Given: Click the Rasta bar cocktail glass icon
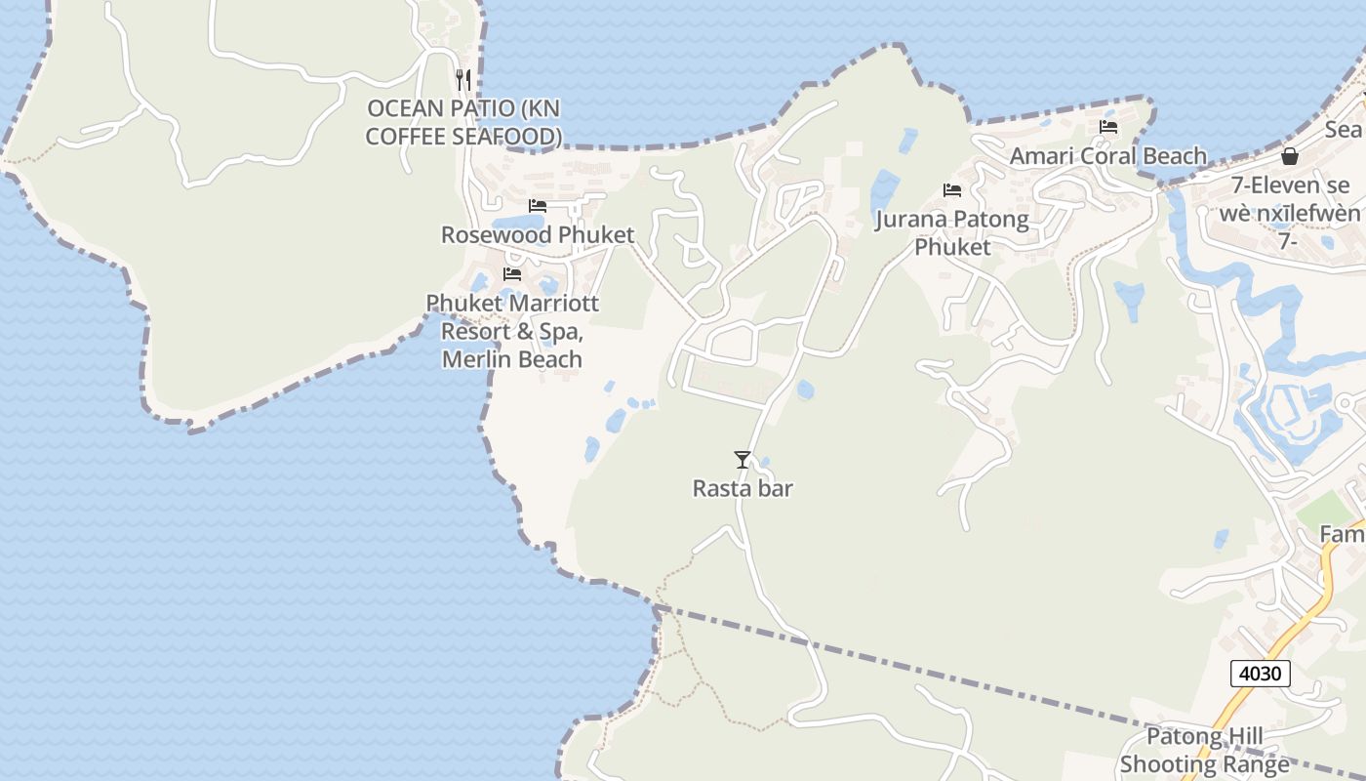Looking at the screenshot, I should coord(743,459).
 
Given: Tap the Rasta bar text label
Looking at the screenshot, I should coord(743,488).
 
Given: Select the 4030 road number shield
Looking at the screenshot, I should coord(1261,673).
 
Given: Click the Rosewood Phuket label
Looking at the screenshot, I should coord(538,234).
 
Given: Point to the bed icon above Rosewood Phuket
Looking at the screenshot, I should coord(537,206).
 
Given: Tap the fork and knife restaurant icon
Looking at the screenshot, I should coord(463,79).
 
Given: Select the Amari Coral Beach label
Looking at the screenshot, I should coord(1108,156).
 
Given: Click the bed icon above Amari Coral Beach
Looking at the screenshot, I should coord(1108,127).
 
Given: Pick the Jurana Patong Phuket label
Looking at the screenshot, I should coord(952,232).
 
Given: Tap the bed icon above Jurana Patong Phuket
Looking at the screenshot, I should coord(952,190).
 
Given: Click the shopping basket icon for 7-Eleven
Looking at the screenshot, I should coord(1290,156).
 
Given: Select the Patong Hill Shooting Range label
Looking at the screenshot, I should coord(1205,750).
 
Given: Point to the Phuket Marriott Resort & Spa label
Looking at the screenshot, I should coord(512,317).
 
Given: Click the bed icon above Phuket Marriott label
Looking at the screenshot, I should coord(511,274).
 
